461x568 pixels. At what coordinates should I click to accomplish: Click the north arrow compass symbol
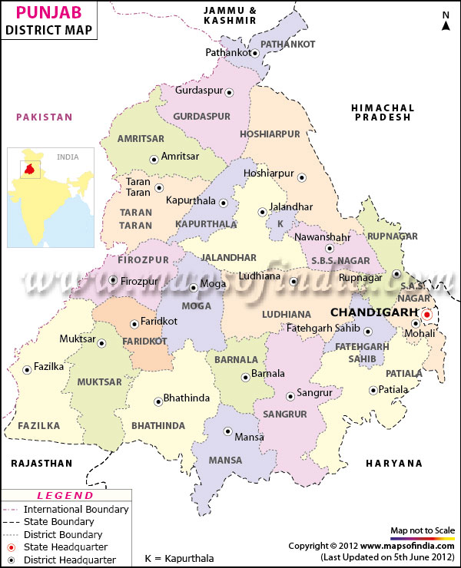tap(446, 21)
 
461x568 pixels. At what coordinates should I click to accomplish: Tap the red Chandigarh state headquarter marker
tap(427, 314)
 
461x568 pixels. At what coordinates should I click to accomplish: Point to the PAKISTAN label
tap(45, 117)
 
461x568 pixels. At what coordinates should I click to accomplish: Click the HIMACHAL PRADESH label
tap(383, 113)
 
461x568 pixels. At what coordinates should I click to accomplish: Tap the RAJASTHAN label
tap(41, 463)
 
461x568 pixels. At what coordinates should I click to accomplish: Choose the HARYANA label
tap(394, 463)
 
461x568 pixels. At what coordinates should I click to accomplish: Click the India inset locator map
tap(51, 197)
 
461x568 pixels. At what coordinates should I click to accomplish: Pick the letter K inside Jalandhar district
tap(280, 223)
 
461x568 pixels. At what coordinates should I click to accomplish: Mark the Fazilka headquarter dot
tap(27, 369)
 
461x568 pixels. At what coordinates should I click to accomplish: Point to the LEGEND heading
tap(65, 496)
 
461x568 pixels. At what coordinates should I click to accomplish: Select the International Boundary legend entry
tap(76, 509)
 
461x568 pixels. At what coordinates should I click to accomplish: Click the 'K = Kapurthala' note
tap(180, 558)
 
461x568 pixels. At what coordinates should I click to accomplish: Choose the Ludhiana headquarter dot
tap(293, 282)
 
